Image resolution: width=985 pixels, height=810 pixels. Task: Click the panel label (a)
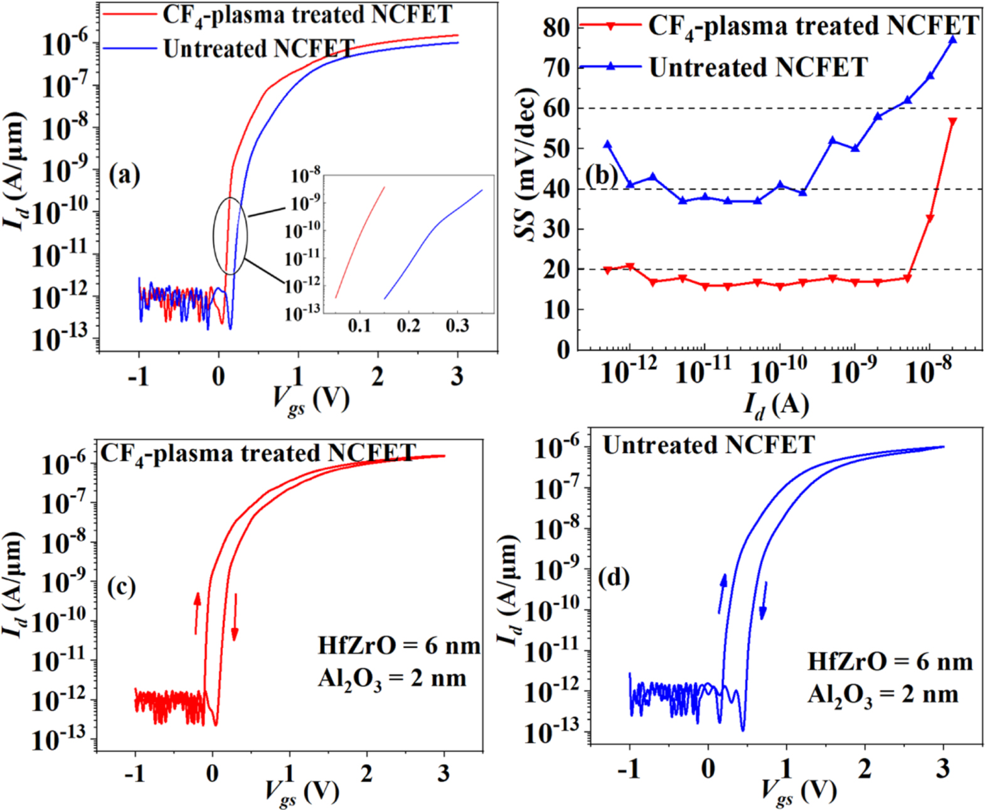[x=124, y=175]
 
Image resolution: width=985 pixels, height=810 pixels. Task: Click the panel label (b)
[x=602, y=175]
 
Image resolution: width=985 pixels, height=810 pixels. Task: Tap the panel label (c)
[x=121, y=587]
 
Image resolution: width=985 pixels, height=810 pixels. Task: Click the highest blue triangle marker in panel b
[x=952, y=40]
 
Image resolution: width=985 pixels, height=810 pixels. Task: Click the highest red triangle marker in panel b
[x=952, y=122]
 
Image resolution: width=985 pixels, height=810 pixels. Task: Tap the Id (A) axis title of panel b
[x=776, y=405]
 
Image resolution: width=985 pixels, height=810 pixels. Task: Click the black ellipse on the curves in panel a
[x=230, y=235]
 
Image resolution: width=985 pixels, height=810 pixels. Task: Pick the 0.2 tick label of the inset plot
[x=408, y=326]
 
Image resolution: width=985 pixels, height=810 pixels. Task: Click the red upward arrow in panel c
[x=197, y=612]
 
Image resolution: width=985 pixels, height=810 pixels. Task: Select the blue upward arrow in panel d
[x=722, y=593]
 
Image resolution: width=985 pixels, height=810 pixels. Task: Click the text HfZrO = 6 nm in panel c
[x=399, y=646]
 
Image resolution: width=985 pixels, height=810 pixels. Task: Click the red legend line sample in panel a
[x=129, y=13]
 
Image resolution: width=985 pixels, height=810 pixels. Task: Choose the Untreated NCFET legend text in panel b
[x=758, y=67]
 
